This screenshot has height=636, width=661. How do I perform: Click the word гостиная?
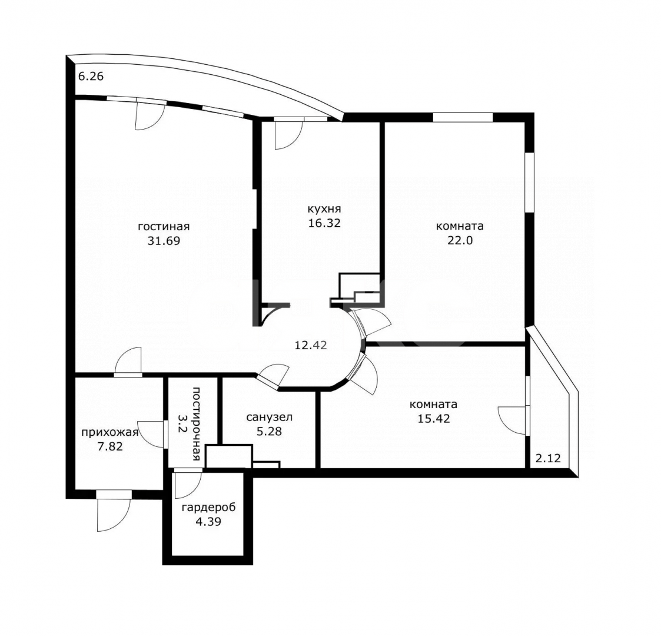point(164,227)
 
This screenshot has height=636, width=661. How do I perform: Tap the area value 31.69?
point(164,241)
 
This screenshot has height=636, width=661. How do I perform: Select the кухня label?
point(324,209)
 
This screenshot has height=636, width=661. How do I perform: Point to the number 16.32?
point(324,223)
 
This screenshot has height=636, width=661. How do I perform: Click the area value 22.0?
point(460,240)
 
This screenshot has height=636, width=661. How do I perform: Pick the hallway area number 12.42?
point(311,346)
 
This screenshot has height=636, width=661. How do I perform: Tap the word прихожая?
point(109,432)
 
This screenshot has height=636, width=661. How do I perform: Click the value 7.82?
point(110,446)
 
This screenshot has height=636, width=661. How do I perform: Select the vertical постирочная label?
point(196,424)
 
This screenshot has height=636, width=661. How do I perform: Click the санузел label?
point(270,418)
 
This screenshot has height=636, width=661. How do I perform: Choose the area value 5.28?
point(270,432)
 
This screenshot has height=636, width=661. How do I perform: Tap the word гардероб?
point(209,508)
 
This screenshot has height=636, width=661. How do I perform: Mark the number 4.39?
point(209,522)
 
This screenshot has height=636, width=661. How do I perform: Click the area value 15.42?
point(434,418)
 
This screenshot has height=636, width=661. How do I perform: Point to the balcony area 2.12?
point(548,458)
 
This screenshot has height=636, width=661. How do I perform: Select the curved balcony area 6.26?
point(91,77)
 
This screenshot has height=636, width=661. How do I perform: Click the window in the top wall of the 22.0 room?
point(463,117)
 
